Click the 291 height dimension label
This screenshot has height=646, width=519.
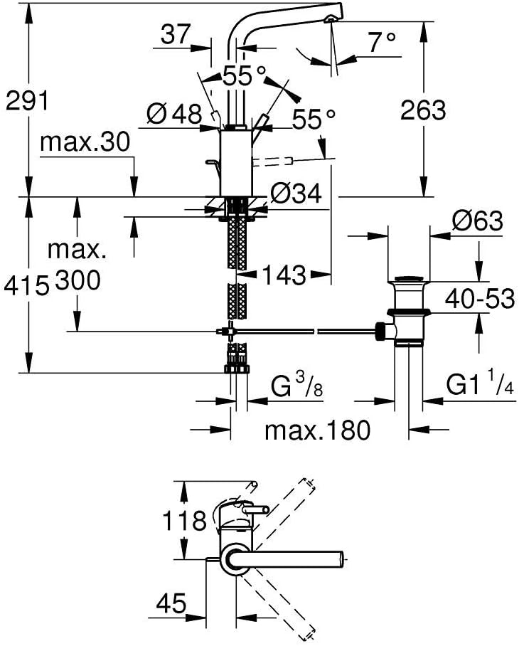coord(27,102)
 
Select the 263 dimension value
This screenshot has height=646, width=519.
coord(423,110)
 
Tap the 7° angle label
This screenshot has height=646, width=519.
coord(382,44)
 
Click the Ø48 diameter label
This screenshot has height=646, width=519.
coord(175,114)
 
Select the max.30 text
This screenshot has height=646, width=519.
coord(85,143)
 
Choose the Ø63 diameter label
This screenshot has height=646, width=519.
coord(477,221)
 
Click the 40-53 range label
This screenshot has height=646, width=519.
coord(480,300)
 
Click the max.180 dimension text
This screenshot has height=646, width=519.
coord(317,430)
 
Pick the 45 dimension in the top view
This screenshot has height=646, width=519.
coord(170,605)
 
